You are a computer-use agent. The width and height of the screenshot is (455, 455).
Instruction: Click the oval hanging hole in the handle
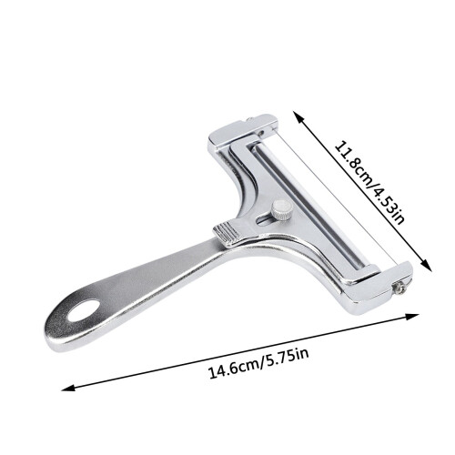(x=84, y=310)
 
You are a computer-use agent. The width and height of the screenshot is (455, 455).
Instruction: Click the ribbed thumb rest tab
(x=227, y=235)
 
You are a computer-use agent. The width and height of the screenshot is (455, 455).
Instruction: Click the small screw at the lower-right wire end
(x=399, y=288)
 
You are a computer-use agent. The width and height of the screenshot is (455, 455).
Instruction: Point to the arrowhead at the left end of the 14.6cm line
(x=67, y=388)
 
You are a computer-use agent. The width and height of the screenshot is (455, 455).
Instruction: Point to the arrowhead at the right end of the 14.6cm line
(x=412, y=317)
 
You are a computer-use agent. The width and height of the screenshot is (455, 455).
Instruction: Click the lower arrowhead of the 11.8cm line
(x=427, y=266)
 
